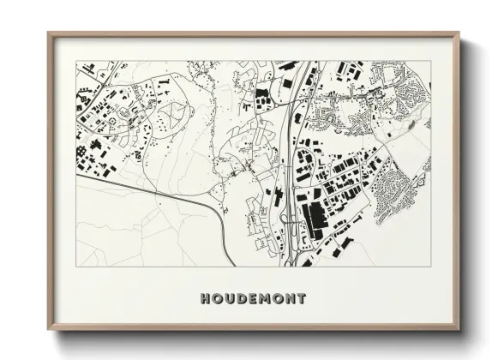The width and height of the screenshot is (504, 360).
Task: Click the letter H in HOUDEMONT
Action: point(205,299)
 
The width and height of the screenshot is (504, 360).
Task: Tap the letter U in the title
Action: point(229,299)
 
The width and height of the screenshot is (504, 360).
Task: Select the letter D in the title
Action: point(241,299)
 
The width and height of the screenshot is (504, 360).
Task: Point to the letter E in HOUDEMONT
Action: point(252,299)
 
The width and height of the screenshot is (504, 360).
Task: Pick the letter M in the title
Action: point(265,299)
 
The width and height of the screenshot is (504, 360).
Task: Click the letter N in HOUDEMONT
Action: point(290,299)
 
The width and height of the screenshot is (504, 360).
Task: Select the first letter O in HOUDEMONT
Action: point(217,299)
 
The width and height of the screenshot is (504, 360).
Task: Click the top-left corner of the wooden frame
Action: point(48,33)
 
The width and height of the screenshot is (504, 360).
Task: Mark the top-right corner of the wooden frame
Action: point(459,33)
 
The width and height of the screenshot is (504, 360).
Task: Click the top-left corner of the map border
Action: point(76,61)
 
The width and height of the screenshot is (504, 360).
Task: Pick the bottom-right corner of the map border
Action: point(431,266)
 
